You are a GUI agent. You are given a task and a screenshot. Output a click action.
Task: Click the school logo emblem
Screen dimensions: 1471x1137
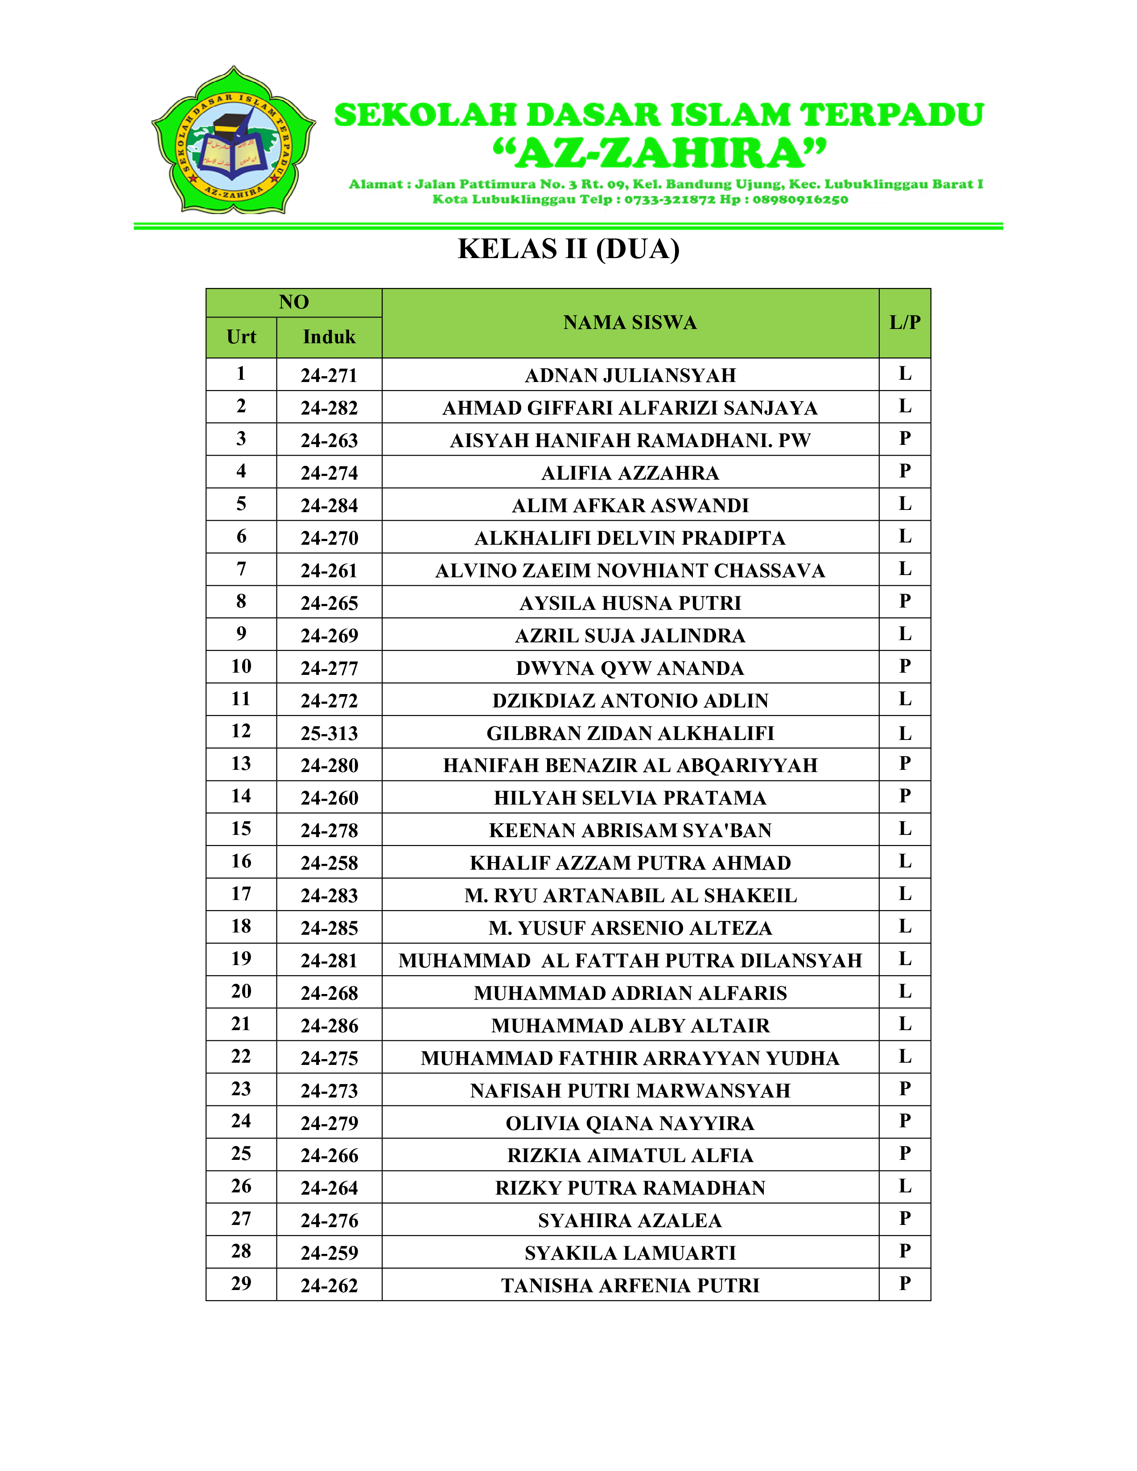(x=233, y=141)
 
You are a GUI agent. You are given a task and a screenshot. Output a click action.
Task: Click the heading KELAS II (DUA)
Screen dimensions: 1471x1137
(x=568, y=249)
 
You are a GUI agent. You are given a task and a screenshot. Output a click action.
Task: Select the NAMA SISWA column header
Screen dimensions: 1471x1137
(x=630, y=323)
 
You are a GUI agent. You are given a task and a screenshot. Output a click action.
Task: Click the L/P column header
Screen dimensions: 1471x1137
(x=905, y=323)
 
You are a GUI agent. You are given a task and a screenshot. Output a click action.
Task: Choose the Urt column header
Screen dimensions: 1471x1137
(x=241, y=337)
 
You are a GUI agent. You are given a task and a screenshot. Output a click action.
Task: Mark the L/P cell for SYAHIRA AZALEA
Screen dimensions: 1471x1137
(x=905, y=1218)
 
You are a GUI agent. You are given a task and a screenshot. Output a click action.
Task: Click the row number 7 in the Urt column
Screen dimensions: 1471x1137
(x=241, y=569)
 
